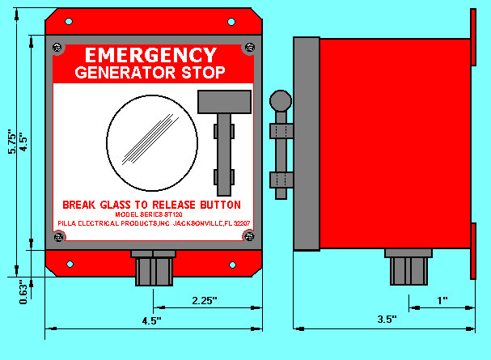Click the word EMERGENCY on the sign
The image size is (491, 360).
coord(151,55)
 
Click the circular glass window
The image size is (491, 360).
coord(152,143)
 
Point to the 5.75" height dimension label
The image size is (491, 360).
coord(12,142)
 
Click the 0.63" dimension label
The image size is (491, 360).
coord(23,292)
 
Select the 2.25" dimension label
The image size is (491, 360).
coord(205,300)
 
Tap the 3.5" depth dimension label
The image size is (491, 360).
coord(387,320)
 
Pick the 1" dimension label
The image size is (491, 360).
coord(442,300)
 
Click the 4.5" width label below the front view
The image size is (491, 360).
coord(152,321)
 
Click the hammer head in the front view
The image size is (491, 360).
coord(225,102)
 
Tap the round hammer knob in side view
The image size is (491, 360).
coord(281,101)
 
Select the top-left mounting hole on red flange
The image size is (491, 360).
coord(69,22)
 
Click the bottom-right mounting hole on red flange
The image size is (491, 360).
coord(232,265)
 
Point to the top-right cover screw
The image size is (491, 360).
coord(250,48)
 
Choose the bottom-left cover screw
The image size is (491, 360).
coord(58,237)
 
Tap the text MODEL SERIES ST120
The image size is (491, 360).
coord(149,214)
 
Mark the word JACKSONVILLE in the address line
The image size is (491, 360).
coord(198,223)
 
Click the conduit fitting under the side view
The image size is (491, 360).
coord(408,267)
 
